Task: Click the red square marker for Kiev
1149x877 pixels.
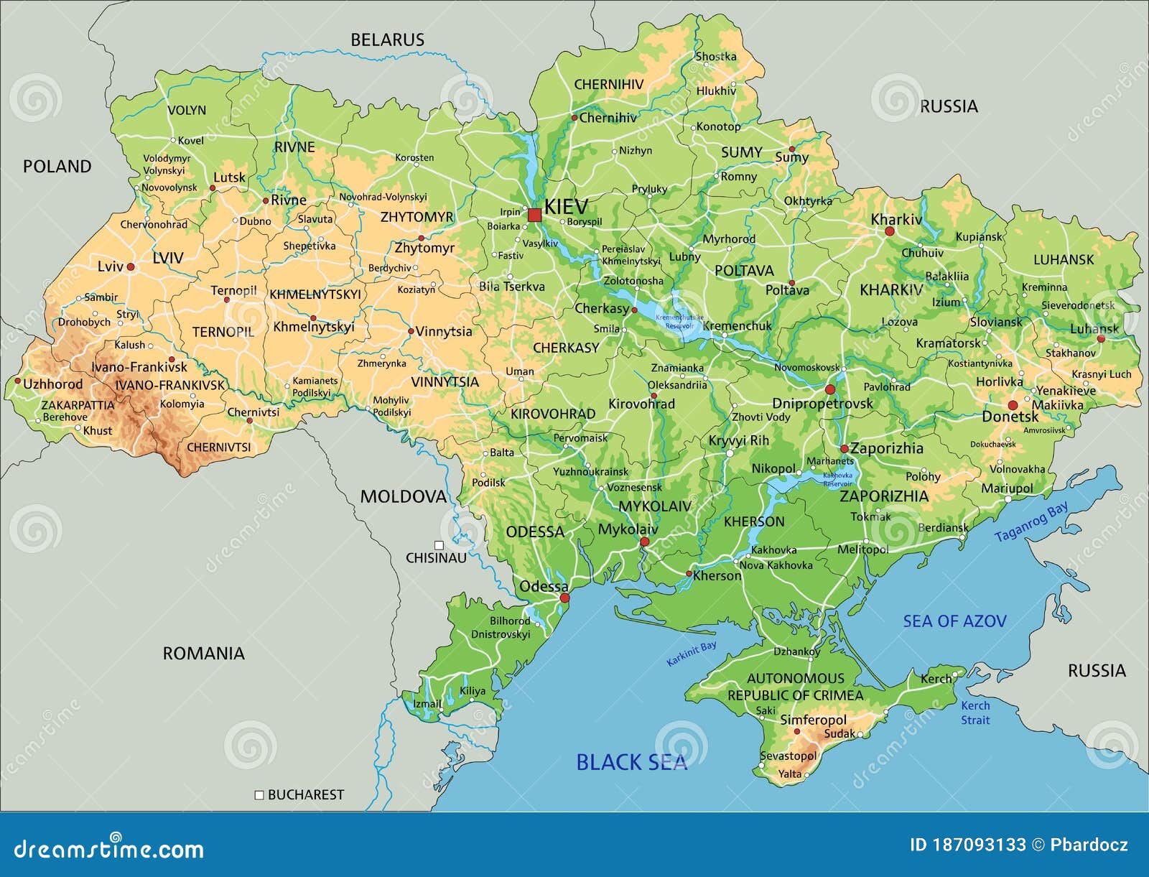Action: (x=534, y=215)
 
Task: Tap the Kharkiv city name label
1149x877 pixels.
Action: (x=896, y=219)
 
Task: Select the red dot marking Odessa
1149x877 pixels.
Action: (x=564, y=598)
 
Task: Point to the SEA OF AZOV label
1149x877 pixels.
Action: (x=954, y=621)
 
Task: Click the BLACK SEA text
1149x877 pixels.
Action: (x=631, y=762)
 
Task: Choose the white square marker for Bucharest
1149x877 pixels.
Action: (x=259, y=795)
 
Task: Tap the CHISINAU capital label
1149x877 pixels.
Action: (x=436, y=557)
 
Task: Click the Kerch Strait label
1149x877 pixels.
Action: (x=975, y=713)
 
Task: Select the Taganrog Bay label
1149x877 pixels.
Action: (x=1031, y=522)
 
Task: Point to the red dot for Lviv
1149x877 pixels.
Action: (x=131, y=266)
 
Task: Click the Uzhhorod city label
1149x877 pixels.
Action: (x=52, y=384)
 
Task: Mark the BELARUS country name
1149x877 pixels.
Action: (x=387, y=40)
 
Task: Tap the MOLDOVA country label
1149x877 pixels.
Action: (x=403, y=496)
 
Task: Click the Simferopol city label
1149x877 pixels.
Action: (x=813, y=720)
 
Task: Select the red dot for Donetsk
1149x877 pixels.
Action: (x=1013, y=405)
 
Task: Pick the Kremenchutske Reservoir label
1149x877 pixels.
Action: (x=679, y=321)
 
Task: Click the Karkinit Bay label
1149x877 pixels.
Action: (x=691, y=654)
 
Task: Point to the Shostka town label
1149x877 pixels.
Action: (x=715, y=56)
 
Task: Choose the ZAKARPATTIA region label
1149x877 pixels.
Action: (x=78, y=405)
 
